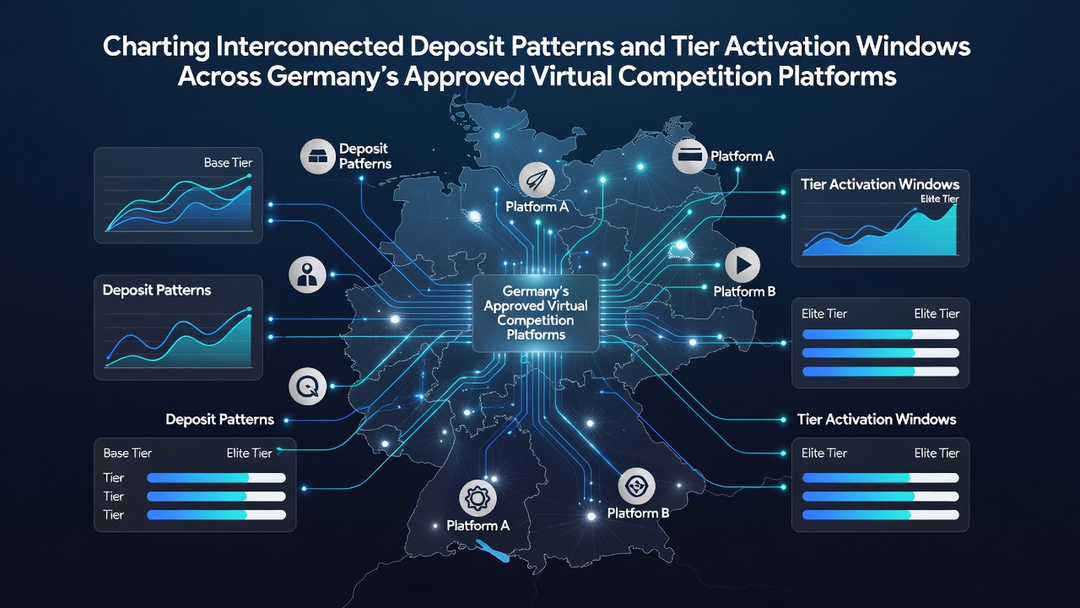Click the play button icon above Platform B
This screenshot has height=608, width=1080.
tap(742, 265)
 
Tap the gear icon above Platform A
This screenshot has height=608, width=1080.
tap(478, 497)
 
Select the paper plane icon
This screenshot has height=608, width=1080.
tap(537, 180)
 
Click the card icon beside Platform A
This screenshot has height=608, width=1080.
tap(690, 156)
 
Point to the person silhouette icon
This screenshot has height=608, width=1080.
tap(307, 274)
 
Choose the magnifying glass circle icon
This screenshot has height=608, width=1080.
tap(307, 386)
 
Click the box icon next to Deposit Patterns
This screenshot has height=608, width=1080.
tap(318, 156)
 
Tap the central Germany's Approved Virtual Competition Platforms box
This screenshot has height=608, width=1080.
tap(536, 313)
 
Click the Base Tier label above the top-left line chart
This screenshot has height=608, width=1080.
tap(228, 163)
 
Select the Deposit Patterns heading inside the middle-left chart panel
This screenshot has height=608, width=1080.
tap(157, 290)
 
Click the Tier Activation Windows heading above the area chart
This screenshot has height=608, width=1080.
tap(880, 184)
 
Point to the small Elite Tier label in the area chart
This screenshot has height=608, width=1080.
tap(939, 198)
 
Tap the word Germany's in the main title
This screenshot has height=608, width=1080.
tap(332, 77)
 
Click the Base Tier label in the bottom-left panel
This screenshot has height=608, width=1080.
tap(127, 453)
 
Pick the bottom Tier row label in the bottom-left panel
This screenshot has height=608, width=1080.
tap(114, 515)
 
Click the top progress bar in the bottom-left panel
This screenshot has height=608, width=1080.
tap(216, 478)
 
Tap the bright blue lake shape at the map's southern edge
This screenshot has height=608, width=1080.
tap(493, 551)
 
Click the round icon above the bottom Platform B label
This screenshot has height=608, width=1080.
tap(636, 486)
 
